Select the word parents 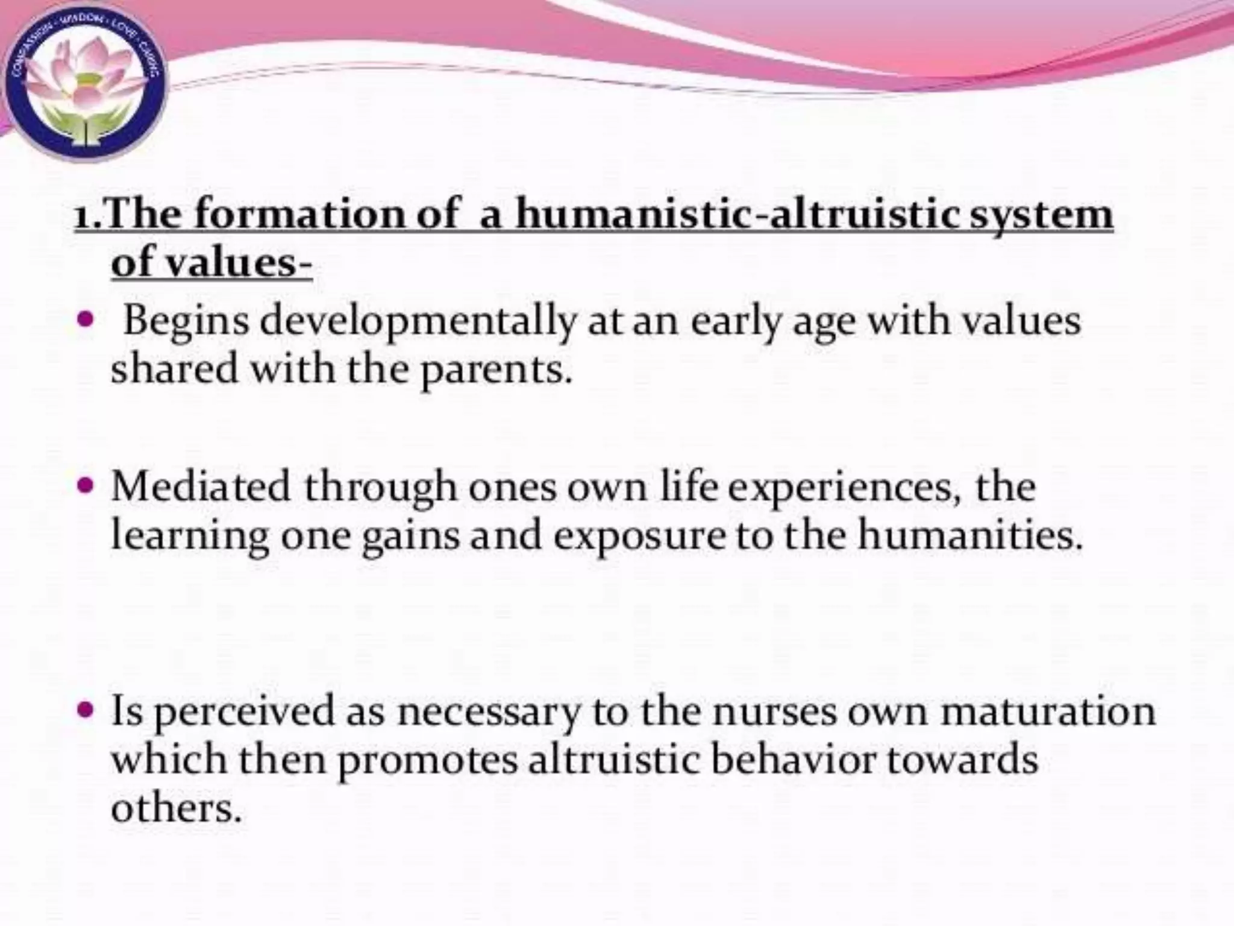[494, 370]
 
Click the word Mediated [201, 487]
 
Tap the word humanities [970, 535]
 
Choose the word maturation [1048, 711]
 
